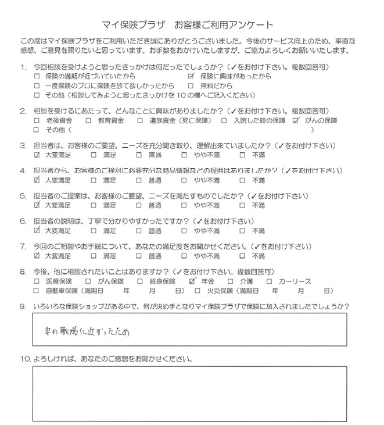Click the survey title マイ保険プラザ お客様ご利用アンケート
click(x=192, y=26)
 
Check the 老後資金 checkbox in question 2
click(x=38, y=120)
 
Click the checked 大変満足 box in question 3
click(x=38, y=155)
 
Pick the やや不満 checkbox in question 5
click(x=185, y=205)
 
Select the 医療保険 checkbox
click(x=38, y=281)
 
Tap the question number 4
click(x=23, y=172)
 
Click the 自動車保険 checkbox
click(x=38, y=290)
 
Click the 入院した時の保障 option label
click(x=260, y=120)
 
